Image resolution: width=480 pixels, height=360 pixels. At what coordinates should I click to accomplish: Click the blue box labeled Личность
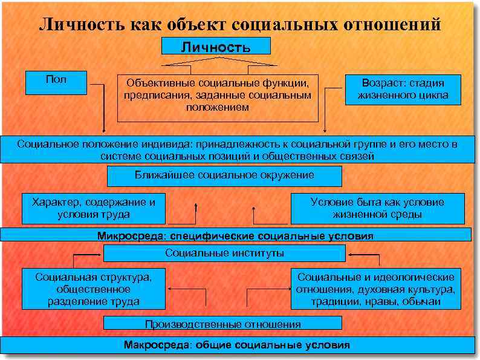point(216,47)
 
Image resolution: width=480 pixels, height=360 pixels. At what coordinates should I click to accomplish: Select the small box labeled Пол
point(57,82)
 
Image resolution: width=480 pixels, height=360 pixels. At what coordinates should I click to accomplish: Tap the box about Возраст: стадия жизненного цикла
point(403,90)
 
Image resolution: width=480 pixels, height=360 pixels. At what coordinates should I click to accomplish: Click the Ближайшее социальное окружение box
point(224,176)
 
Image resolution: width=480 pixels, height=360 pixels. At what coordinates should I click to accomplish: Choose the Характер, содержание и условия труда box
point(94,208)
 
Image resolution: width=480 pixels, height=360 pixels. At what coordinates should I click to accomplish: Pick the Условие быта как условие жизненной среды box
point(377,208)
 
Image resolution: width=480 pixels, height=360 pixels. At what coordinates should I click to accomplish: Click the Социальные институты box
point(224,253)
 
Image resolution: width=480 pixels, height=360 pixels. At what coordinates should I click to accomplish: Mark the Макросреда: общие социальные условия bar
point(236,345)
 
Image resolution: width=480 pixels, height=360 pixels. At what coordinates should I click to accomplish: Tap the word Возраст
point(382,83)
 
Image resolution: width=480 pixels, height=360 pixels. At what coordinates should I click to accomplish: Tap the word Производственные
point(193,324)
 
